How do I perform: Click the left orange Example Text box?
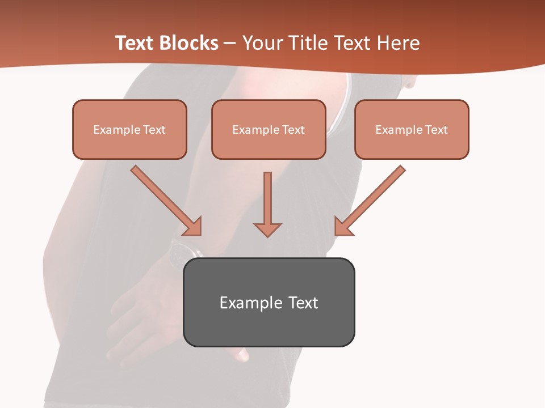[129, 129]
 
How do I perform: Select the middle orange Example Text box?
[269, 129]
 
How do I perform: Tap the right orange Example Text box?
[412, 129]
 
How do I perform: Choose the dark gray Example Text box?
[269, 302]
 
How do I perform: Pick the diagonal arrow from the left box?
[162, 197]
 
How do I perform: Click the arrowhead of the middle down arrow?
[267, 228]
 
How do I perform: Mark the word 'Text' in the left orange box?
[154, 130]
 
